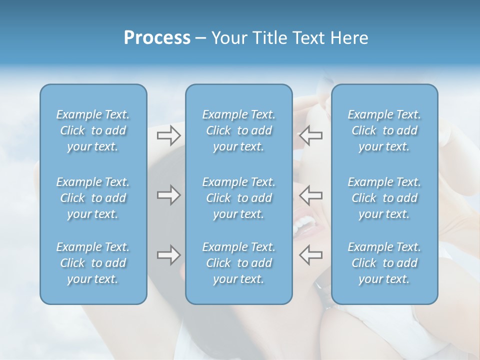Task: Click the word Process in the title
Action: (x=157, y=38)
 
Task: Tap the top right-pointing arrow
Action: (x=168, y=135)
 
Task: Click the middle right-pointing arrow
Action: (x=168, y=195)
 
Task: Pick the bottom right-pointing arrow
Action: (x=168, y=255)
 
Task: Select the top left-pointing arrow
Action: (x=311, y=135)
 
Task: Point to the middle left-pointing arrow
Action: (x=311, y=195)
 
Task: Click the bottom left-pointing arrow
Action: (x=311, y=255)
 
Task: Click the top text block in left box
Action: (x=93, y=130)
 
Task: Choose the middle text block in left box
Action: (x=93, y=198)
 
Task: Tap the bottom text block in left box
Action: (x=93, y=263)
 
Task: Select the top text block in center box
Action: (x=239, y=130)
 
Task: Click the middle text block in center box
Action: (x=239, y=198)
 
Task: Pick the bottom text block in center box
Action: (x=239, y=263)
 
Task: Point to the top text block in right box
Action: (x=384, y=130)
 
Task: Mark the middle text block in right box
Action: (x=384, y=198)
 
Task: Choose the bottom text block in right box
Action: (x=384, y=263)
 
